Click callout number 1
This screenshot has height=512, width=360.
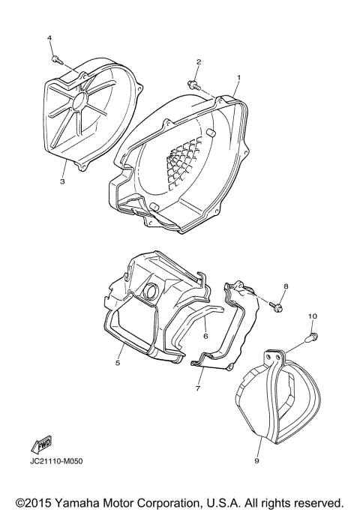[238, 77]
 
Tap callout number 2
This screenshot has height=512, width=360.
[199, 61]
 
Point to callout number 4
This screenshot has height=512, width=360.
[49, 37]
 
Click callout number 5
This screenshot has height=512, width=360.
[118, 363]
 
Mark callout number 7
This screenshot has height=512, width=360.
[198, 389]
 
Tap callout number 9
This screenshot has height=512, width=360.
[256, 461]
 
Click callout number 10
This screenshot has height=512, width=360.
[312, 317]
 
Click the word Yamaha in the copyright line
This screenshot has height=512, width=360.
[85, 501]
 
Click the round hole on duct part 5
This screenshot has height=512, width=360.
[151, 291]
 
